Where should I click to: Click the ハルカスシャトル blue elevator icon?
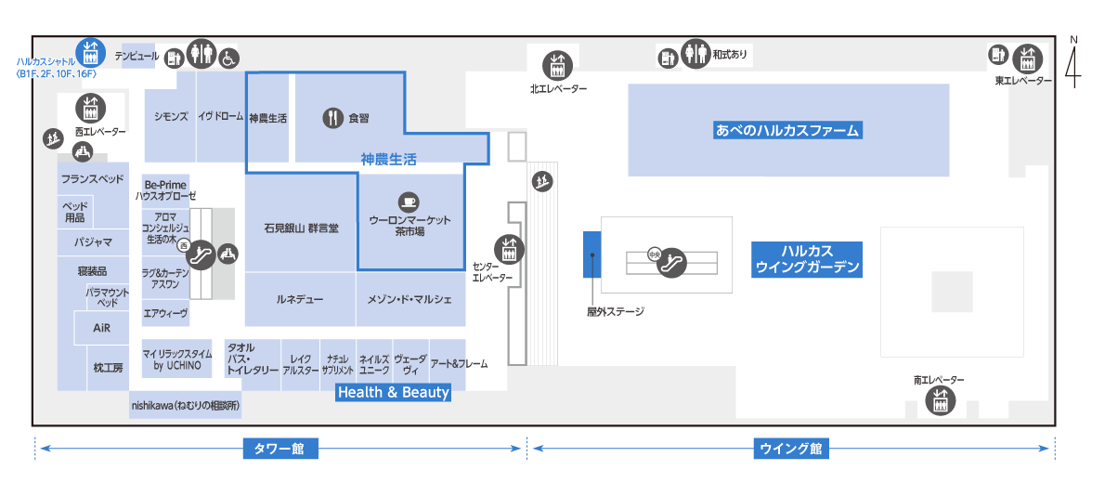pyautogui.click(x=90, y=51)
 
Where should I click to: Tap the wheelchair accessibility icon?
pyautogui.click(x=229, y=57)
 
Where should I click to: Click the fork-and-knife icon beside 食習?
pyautogui.click(x=332, y=118)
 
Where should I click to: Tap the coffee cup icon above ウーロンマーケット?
pyautogui.click(x=408, y=202)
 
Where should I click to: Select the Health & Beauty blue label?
pyautogui.click(x=393, y=392)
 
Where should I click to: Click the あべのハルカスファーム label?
pyautogui.click(x=787, y=130)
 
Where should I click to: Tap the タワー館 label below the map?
pyautogui.click(x=281, y=448)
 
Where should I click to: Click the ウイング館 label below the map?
pyautogui.click(x=791, y=448)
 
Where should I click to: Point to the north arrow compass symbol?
pyautogui.click(x=1072, y=62)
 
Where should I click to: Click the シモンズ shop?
pyautogui.click(x=170, y=116)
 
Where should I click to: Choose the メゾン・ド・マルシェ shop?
pyautogui.click(x=410, y=299)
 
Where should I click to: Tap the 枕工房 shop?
pyautogui.click(x=109, y=367)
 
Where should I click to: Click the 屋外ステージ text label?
pyautogui.click(x=616, y=311)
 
